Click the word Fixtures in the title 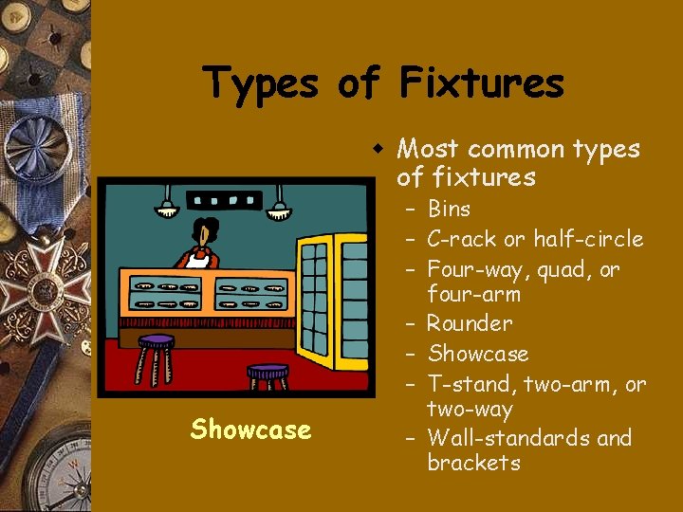pos(481,82)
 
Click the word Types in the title pos(262,82)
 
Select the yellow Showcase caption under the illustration pos(250,430)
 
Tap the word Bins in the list pos(449,209)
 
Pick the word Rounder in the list pos(470,323)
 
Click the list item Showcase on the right pos(478,354)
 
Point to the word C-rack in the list pos(460,239)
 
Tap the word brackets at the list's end pos(473,463)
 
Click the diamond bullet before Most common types pos(378,150)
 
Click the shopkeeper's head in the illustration pos(204,231)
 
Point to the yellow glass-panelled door pos(332,295)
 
